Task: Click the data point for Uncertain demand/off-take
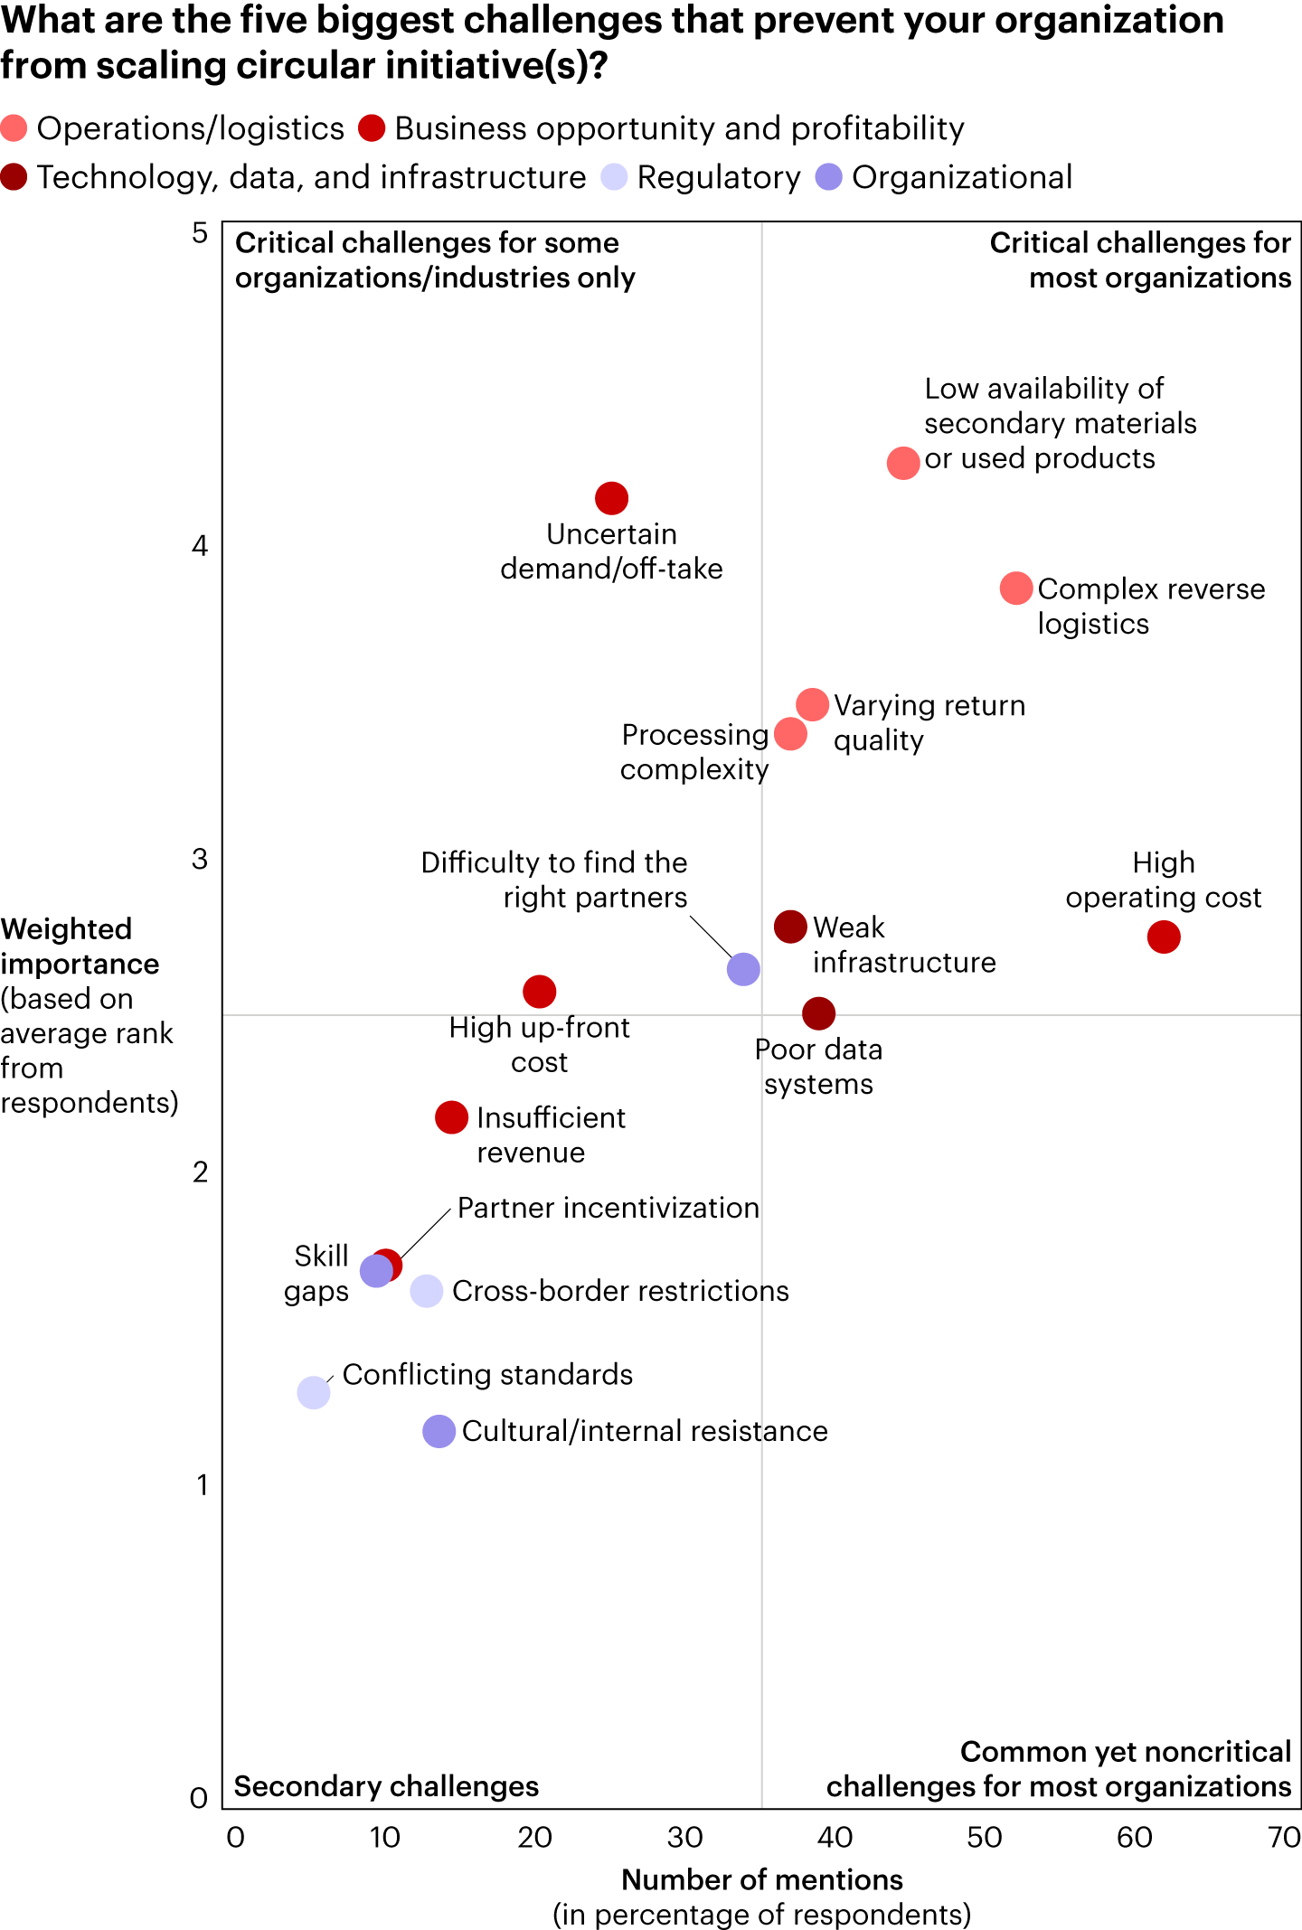point(611,498)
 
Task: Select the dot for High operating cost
point(1164,937)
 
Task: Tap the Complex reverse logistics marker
point(1016,588)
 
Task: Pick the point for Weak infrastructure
point(790,927)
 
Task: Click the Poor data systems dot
point(818,1013)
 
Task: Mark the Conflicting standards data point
point(314,1392)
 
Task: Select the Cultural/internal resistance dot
point(439,1431)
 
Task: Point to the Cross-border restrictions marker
point(427,1291)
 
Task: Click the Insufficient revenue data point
point(451,1117)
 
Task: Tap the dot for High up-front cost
point(539,992)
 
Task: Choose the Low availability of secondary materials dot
point(903,463)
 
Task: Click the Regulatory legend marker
point(615,177)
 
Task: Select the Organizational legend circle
point(829,177)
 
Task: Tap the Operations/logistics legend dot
point(14,128)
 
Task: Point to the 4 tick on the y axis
point(200,546)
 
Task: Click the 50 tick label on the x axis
point(985,1838)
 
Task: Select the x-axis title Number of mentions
point(762,1880)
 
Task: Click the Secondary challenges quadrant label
point(386,1787)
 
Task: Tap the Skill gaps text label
point(317,1273)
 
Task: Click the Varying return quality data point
point(812,704)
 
